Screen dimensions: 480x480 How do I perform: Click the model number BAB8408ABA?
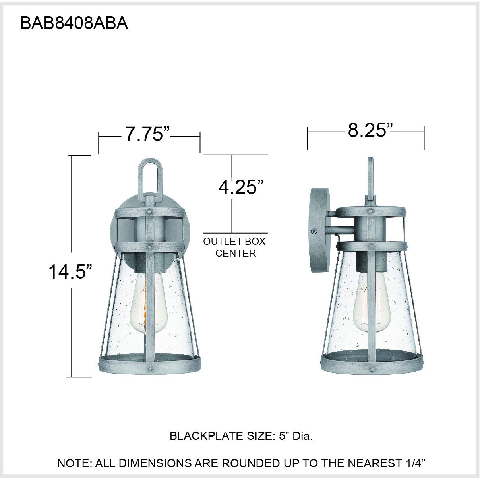[x=74, y=24]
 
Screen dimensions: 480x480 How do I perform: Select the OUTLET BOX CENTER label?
[x=235, y=247]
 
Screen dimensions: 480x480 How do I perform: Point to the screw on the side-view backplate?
[x=314, y=230]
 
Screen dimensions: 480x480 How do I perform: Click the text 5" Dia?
[x=296, y=436]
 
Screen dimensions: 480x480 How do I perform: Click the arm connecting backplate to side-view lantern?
[x=341, y=229]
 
